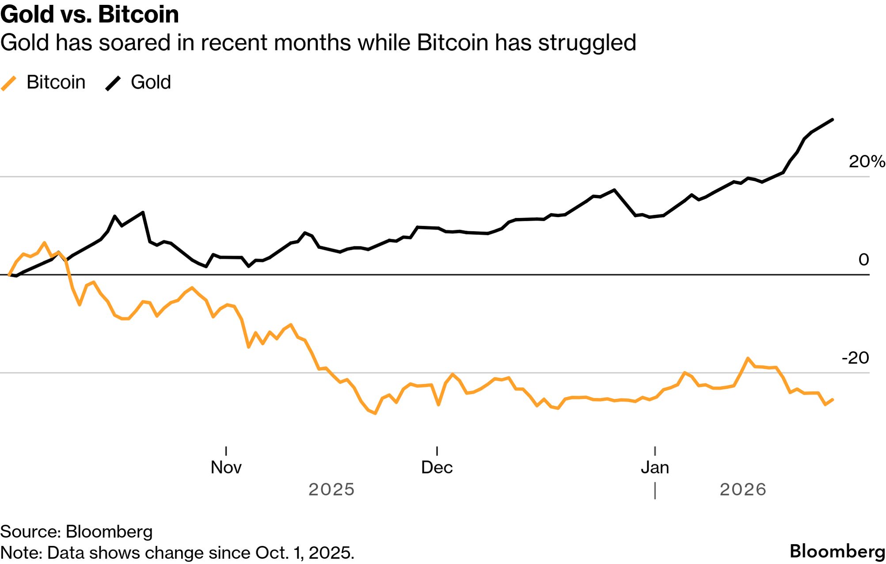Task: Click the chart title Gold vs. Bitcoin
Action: coord(90,15)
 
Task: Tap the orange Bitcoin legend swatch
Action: coord(9,83)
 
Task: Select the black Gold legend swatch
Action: coord(113,83)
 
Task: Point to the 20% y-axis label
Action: coord(866,162)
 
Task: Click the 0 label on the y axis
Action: coord(863,259)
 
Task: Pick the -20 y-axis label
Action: coord(855,357)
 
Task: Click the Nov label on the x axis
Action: coord(226,467)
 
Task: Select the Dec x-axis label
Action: coord(437,467)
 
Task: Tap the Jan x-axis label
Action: coord(654,467)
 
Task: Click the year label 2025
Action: coord(331,489)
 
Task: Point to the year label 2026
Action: coord(743,489)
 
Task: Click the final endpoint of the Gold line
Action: coord(833,120)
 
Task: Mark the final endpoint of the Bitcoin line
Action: coord(833,400)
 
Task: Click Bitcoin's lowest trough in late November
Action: coord(375,414)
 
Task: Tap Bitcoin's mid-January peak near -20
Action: coord(748,358)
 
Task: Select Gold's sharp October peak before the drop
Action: coord(143,212)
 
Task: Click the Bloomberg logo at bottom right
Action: coord(837,551)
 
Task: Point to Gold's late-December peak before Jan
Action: coord(614,190)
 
